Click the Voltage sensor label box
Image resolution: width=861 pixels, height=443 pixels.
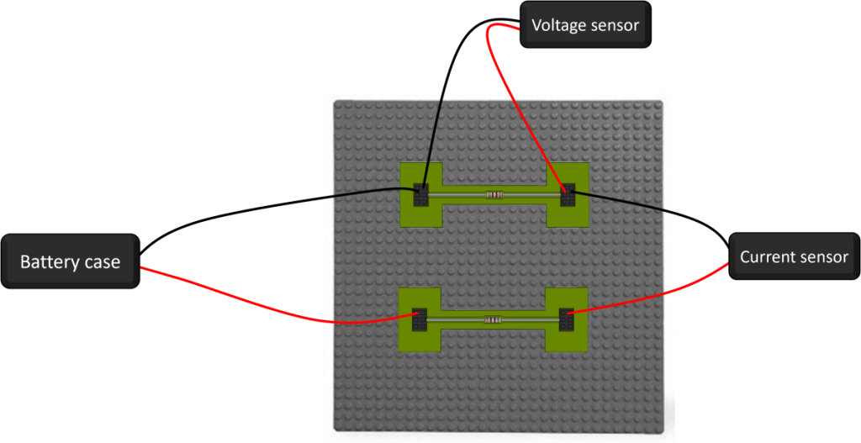[x=585, y=25]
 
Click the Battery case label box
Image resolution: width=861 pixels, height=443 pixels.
[x=70, y=262]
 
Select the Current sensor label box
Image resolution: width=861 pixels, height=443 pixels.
[x=794, y=256]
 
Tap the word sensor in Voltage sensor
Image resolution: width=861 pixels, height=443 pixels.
[x=614, y=25]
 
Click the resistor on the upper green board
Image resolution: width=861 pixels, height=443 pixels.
[x=494, y=195]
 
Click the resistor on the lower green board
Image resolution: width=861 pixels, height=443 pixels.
[x=493, y=319]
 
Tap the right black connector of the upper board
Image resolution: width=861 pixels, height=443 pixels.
[x=568, y=194]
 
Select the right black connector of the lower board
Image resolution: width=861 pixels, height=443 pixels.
[x=566, y=319]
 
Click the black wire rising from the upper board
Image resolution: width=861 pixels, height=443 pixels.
[x=436, y=134]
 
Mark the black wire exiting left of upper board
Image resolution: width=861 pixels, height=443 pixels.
[x=362, y=193]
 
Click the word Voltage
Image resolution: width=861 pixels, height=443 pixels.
[x=556, y=25]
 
